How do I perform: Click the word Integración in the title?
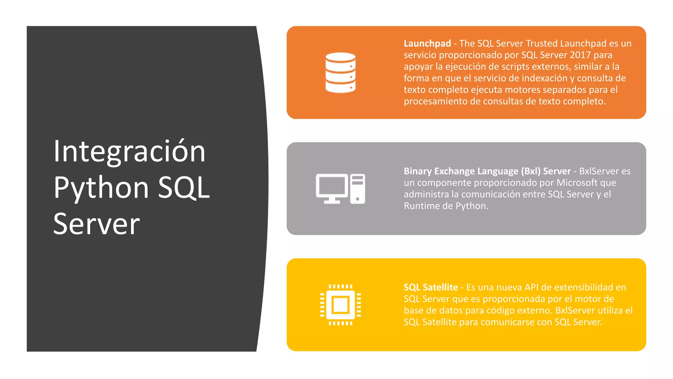click(129, 152)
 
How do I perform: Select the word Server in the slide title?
click(97, 224)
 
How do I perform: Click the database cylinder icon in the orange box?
click(340, 73)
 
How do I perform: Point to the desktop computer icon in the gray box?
click(340, 189)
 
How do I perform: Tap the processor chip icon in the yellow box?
click(340, 305)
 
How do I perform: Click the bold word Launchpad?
click(427, 43)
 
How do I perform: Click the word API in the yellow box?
click(531, 287)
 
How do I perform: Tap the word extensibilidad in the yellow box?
click(581, 287)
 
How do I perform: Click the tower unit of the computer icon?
click(358, 189)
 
